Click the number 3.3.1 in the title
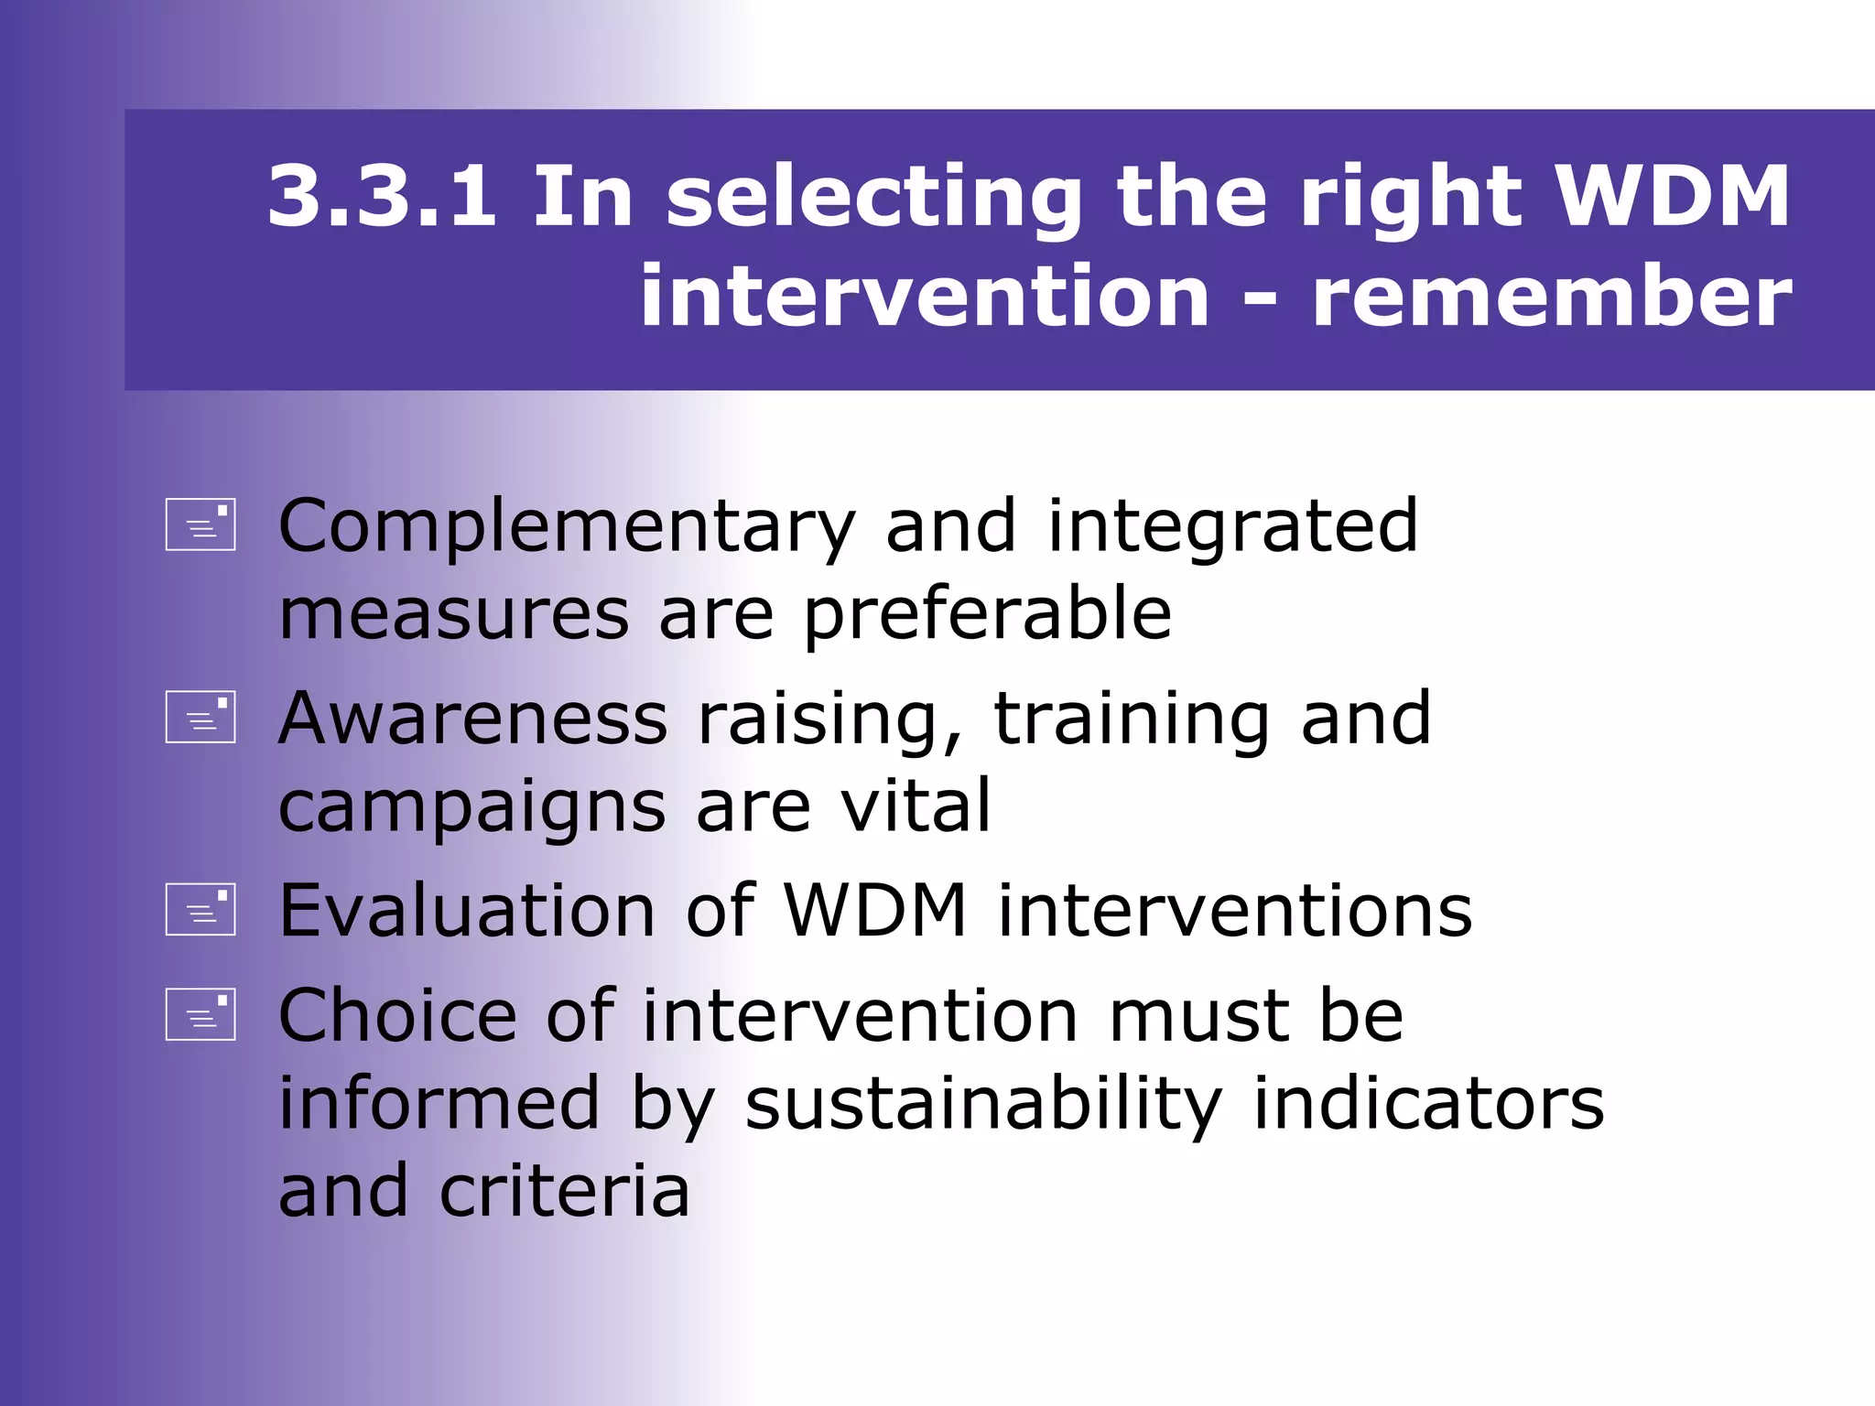click(x=382, y=196)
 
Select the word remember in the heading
click(x=1552, y=297)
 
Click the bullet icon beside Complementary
click(x=201, y=525)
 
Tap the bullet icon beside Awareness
click(x=201, y=717)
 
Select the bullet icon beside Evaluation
click(x=201, y=909)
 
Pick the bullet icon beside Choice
click(x=201, y=1014)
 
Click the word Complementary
click(x=567, y=528)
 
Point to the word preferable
click(x=987, y=615)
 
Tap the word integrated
click(x=1232, y=528)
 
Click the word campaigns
click(x=471, y=809)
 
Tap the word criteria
click(x=565, y=1192)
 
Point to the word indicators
click(x=1428, y=1104)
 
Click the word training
click(x=1132, y=719)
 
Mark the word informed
click(x=439, y=1104)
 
